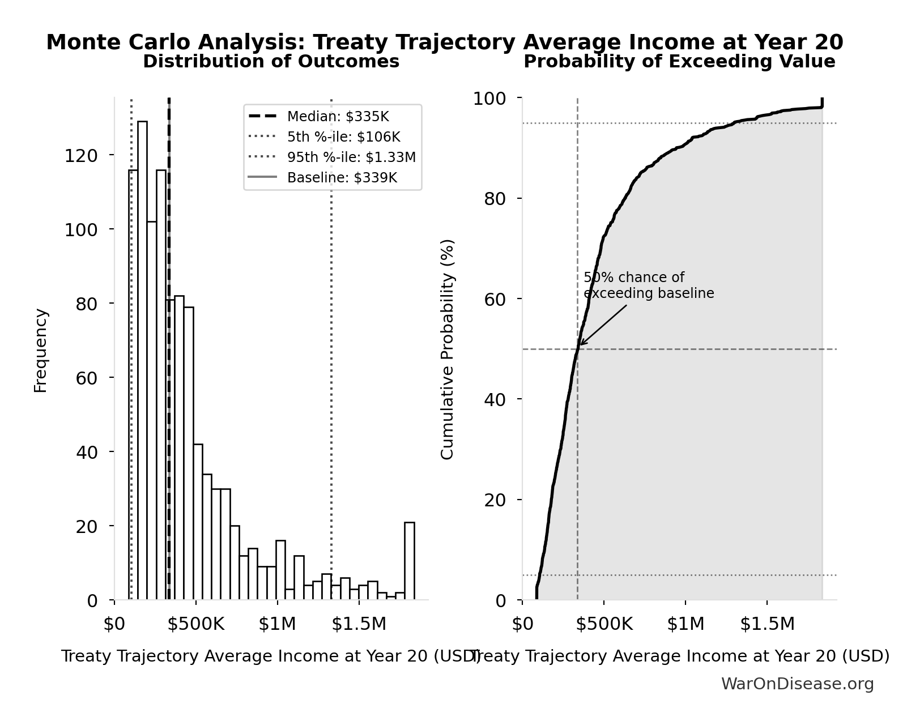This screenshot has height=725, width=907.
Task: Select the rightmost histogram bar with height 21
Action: coord(409,561)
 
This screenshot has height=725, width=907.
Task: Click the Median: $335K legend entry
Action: coord(338,117)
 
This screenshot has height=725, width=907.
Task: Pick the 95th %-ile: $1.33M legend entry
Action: coord(351,157)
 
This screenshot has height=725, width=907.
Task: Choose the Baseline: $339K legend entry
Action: coord(342,178)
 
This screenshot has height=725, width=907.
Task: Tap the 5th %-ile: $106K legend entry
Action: coord(343,137)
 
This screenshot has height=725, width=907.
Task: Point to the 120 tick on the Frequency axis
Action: coord(80,155)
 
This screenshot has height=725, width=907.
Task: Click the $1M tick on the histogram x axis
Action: coord(277,624)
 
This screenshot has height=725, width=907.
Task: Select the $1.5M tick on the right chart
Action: coord(767,624)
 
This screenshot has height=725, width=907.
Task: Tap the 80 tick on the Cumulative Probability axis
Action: coord(495,199)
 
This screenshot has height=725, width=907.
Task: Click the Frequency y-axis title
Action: coord(41,350)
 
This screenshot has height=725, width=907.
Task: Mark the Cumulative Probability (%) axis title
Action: coord(448,349)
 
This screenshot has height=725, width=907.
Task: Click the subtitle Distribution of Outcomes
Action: coord(271,62)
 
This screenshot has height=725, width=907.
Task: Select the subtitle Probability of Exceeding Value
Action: coord(679,62)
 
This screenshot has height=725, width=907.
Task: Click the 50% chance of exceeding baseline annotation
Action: coord(648,285)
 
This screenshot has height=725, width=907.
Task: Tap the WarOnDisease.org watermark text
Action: coord(797,684)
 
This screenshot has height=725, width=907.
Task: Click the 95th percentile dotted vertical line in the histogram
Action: coord(331,396)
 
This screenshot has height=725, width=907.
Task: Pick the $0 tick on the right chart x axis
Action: coord(522,624)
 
